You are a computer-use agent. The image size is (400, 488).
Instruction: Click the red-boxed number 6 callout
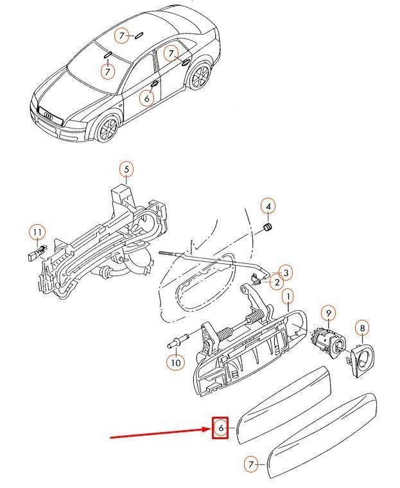pyautogui.click(x=220, y=428)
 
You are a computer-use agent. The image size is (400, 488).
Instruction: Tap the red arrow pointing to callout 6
pyautogui.click(x=161, y=433)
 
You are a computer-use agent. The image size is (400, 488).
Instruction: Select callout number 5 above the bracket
pyautogui.click(x=126, y=170)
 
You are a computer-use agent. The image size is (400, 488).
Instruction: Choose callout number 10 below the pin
pyautogui.click(x=176, y=363)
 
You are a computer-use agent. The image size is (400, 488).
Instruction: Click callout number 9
pyautogui.click(x=329, y=314)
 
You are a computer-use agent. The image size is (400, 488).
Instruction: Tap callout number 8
pyautogui.click(x=362, y=328)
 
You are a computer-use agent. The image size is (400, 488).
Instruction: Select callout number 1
pyautogui.click(x=288, y=297)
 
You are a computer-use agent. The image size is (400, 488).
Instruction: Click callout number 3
pyautogui.click(x=286, y=273)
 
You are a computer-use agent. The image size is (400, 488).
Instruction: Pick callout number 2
pyautogui.click(x=277, y=283)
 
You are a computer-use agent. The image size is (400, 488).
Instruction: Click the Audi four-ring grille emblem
pyautogui.click(x=48, y=116)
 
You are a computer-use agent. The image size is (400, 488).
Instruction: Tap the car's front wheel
pyautogui.click(x=107, y=128)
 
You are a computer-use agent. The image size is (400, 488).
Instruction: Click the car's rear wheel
pyautogui.click(x=200, y=76)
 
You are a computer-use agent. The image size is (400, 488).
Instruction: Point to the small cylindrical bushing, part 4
pyautogui.click(x=268, y=227)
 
